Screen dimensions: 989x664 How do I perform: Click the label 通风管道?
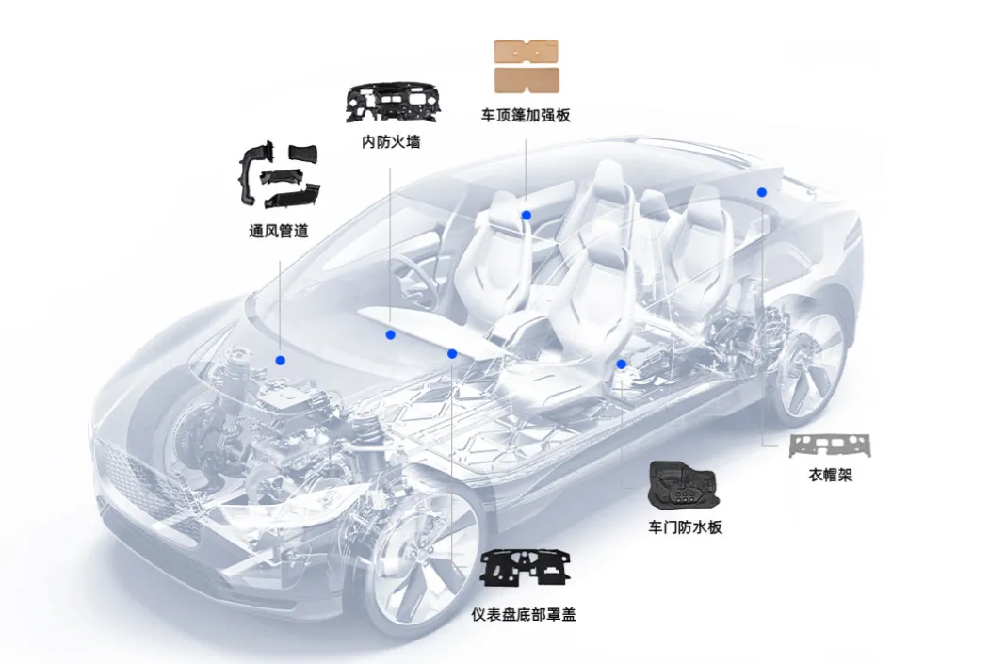pyautogui.click(x=278, y=231)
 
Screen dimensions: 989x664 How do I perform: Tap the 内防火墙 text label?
pyautogui.click(x=391, y=142)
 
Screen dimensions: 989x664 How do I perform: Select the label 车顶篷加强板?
pyautogui.click(x=526, y=115)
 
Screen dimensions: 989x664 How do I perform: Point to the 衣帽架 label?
pyautogui.click(x=830, y=476)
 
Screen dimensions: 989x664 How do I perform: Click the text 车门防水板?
pyautogui.click(x=685, y=527)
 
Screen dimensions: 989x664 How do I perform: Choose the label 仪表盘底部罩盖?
pyautogui.click(x=524, y=614)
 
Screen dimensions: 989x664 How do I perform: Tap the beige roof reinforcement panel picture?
pyautogui.click(x=526, y=66)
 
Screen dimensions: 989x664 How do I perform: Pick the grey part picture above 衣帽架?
pyautogui.click(x=830, y=445)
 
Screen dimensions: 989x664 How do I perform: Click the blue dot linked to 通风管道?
pyautogui.click(x=280, y=360)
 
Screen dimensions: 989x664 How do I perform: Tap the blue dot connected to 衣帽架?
pyautogui.click(x=761, y=192)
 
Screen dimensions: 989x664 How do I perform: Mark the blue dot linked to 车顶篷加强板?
pyautogui.click(x=527, y=216)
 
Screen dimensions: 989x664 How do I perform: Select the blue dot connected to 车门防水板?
pyautogui.click(x=621, y=364)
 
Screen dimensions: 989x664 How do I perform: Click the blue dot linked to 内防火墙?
pyautogui.click(x=390, y=334)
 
